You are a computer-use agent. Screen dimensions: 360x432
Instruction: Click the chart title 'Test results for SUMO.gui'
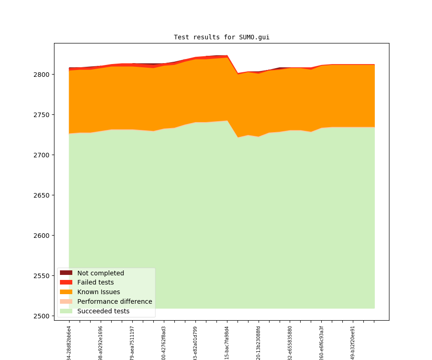[x=221, y=38]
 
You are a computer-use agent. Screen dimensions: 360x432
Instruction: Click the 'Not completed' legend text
[x=100, y=273]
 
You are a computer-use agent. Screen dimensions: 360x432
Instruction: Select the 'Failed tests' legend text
[x=95, y=283]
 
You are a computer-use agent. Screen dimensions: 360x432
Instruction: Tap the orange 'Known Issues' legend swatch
[x=66, y=292]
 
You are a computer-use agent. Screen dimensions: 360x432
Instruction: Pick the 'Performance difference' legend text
[x=114, y=301]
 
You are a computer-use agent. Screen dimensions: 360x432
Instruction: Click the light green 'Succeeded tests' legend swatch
[x=66, y=311]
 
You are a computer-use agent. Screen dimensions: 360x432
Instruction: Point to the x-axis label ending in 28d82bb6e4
[x=69, y=343]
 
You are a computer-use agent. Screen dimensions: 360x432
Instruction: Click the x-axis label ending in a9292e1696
[x=101, y=343]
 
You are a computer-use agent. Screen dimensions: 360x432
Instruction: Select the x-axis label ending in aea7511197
[x=132, y=343]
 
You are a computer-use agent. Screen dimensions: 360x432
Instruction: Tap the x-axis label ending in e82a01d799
[x=195, y=343]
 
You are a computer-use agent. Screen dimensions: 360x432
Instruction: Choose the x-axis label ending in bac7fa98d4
[x=227, y=343]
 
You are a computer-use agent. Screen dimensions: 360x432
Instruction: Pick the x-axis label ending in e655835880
[x=290, y=343]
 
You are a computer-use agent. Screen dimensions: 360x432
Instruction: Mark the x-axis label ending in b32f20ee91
[x=353, y=343]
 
